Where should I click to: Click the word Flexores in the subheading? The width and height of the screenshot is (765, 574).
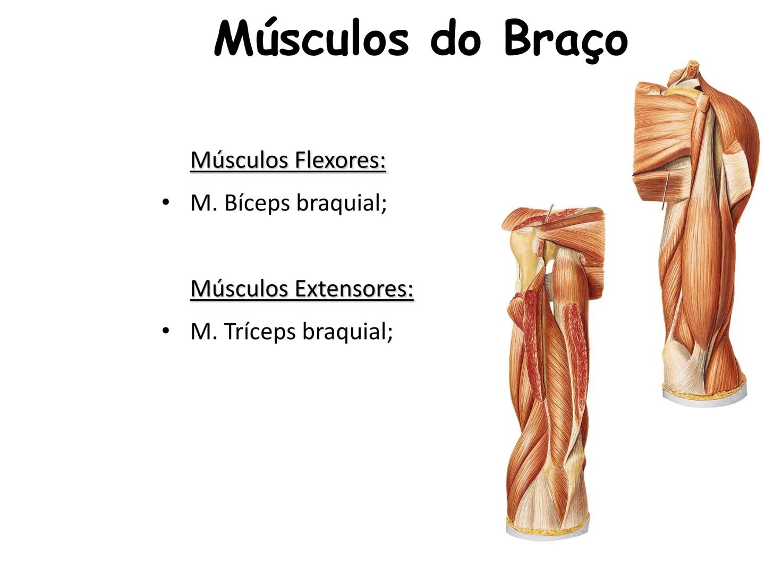[x=340, y=160]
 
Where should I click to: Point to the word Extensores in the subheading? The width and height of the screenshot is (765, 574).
[x=354, y=289]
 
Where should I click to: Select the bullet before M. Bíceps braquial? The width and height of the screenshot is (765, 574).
[x=166, y=202]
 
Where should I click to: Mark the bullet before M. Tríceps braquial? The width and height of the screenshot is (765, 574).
[x=166, y=331]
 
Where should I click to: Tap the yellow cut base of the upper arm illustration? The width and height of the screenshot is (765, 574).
[x=704, y=396]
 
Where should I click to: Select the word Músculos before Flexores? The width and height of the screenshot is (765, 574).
[x=240, y=160]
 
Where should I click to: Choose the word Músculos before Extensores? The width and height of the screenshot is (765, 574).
[x=240, y=289]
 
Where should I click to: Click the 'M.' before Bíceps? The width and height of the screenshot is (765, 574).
[x=202, y=203]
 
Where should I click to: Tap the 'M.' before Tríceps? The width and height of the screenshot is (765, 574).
[x=202, y=332]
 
